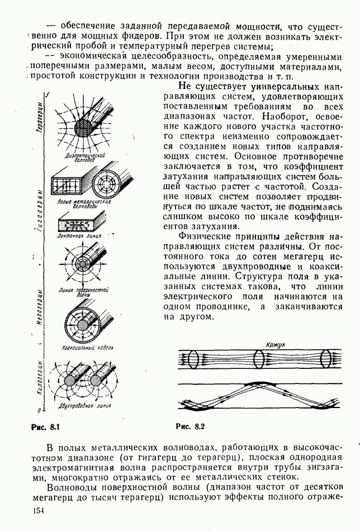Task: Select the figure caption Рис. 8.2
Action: [191, 428]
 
